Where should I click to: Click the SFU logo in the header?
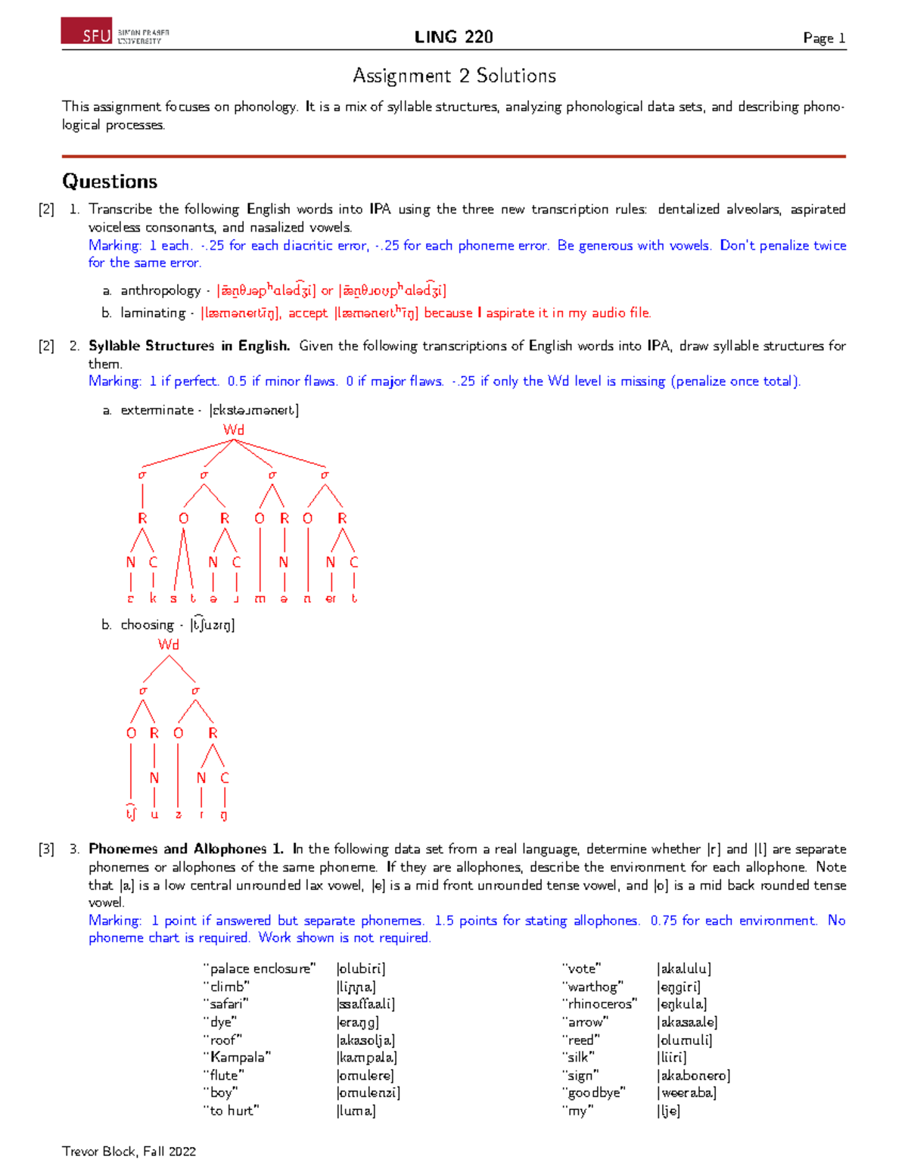point(115,32)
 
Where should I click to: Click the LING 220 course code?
point(453,37)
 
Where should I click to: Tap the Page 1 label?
point(823,38)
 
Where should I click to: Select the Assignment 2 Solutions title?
point(454,76)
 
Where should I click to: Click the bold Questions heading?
point(110,182)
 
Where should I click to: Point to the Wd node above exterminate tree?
point(234,430)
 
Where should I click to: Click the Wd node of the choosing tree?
point(169,645)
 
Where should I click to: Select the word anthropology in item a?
point(160,291)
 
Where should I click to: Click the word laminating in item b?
point(153,313)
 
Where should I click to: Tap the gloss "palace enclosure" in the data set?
point(259,969)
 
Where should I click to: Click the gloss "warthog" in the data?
point(592,987)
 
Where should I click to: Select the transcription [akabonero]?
point(694,1075)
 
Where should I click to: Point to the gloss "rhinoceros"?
point(599,1004)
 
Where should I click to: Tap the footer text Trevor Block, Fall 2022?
point(129,1152)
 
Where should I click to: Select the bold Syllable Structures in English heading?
point(189,346)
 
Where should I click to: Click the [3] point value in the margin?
point(46,849)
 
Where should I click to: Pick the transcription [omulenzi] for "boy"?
point(368,1093)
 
